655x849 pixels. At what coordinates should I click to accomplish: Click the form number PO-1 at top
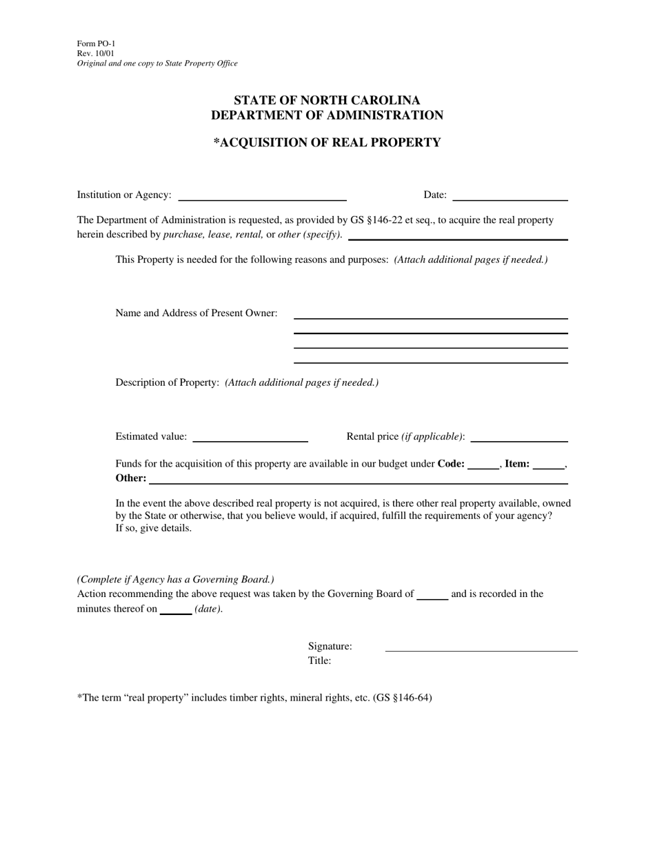pyautogui.click(x=96, y=43)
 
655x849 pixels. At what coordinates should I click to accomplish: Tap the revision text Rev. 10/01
pyautogui.click(x=96, y=53)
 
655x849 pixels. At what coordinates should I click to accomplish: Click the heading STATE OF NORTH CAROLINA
pyautogui.click(x=327, y=100)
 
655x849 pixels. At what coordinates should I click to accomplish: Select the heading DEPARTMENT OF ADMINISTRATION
pyautogui.click(x=327, y=115)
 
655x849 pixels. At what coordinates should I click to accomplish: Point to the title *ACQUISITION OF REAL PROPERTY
pyautogui.click(x=327, y=143)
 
